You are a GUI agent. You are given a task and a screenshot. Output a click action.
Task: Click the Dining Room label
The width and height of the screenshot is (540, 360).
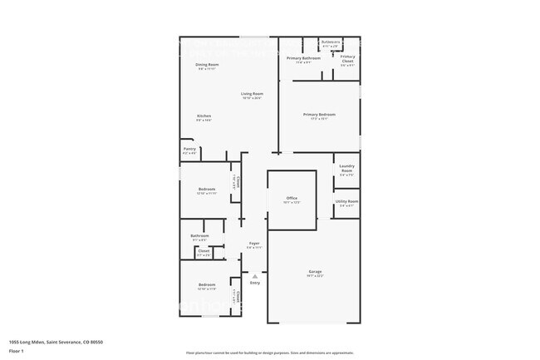(208, 64)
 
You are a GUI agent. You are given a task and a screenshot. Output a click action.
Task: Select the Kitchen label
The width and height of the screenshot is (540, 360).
(204, 116)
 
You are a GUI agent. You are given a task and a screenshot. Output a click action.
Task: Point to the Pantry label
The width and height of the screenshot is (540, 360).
(189, 149)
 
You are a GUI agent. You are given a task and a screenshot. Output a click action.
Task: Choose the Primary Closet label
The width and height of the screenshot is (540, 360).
(348, 59)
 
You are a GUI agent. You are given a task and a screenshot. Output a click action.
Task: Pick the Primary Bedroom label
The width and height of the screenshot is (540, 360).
(319, 114)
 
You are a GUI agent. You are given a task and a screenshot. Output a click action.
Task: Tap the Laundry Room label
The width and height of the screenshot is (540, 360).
(347, 169)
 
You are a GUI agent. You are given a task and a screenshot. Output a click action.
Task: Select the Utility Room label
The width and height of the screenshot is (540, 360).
(347, 201)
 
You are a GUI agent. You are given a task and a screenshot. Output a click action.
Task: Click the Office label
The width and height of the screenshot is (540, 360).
(292, 197)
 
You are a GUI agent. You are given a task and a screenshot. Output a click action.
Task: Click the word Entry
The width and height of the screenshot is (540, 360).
(255, 283)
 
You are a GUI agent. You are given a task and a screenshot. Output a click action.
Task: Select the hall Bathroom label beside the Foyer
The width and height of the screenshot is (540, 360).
(199, 235)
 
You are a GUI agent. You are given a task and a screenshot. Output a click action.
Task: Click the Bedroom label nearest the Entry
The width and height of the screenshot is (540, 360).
(207, 285)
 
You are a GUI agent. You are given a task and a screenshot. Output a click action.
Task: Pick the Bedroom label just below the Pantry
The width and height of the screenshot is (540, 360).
(207, 189)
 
